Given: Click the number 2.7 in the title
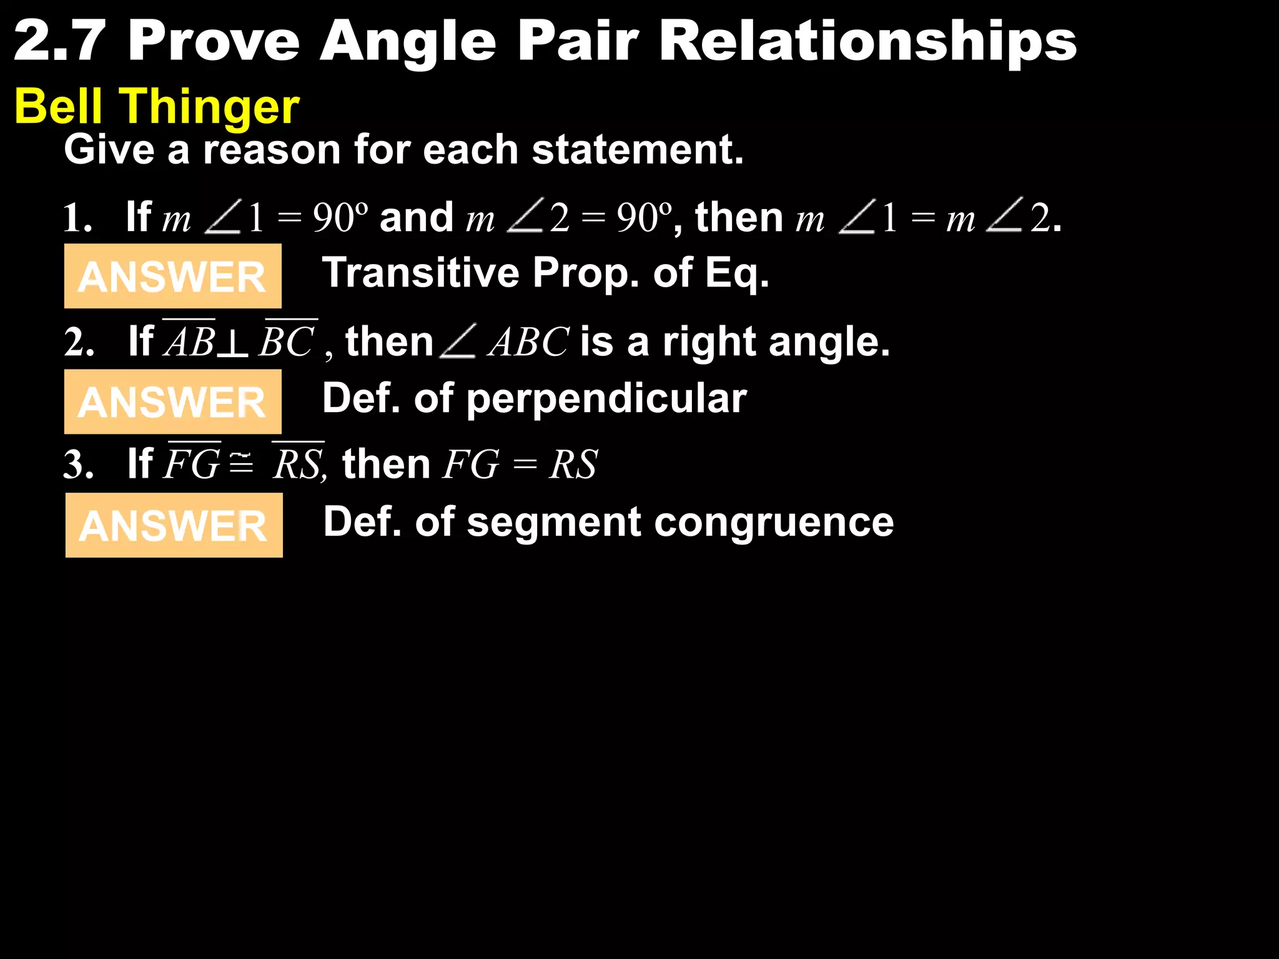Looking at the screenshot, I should point(59,41).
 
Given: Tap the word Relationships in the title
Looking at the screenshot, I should point(867,41).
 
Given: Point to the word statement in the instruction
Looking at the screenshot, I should point(637,150).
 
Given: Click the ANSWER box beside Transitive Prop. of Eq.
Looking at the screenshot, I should point(173,276).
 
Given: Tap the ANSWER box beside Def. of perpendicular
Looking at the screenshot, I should point(173,401).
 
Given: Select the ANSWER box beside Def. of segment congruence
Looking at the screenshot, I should point(174,525).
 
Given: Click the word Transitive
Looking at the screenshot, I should point(420,273).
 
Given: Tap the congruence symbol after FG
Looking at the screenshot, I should point(241,463).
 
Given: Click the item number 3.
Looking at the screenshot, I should point(78,465).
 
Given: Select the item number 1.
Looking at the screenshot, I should point(77,219).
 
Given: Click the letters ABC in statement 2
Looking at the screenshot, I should point(528,343).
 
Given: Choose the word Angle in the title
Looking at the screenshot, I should point(408,41).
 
